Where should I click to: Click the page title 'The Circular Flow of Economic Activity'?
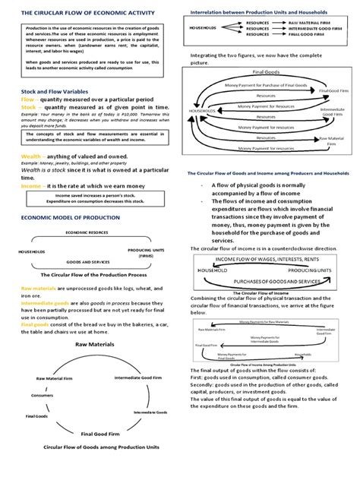(x=82, y=13)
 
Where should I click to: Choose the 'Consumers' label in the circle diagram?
(x=43, y=396)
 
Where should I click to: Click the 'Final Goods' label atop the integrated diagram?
(x=261, y=71)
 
